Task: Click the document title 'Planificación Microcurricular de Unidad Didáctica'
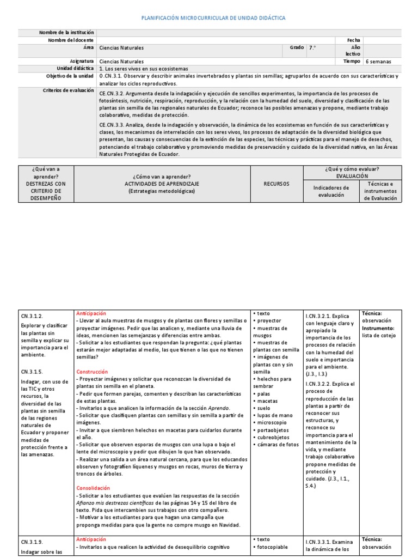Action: pos(213,18)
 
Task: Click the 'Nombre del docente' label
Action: pos(71,40)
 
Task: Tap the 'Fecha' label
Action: pos(354,40)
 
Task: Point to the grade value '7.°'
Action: pos(312,48)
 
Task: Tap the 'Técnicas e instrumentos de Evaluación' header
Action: pos(381,191)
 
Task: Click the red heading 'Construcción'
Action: pos(93,372)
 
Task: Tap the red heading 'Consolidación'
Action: pos(93,488)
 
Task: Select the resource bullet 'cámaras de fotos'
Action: pos(277,444)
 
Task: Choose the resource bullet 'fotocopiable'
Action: pos(272,548)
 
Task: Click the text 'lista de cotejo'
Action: pos(379,336)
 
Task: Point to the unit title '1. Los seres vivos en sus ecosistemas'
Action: pos(144,69)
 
